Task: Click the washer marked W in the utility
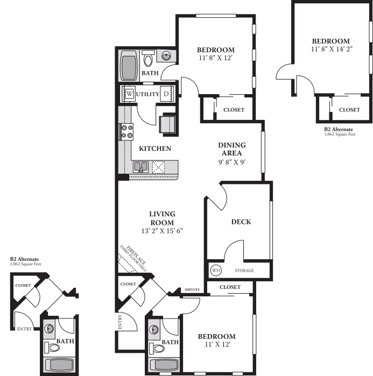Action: point(129,94)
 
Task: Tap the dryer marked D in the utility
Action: point(166,94)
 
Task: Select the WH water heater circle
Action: point(216,271)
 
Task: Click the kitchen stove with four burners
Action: point(126,132)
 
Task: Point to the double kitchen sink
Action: point(141,167)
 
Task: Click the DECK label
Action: point(241,222)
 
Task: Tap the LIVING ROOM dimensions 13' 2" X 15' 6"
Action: point(162,231)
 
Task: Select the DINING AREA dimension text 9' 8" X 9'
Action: point(232,162)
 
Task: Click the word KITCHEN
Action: point(155,148)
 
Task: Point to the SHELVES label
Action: point(192,290)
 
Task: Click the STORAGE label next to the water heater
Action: point(244,271)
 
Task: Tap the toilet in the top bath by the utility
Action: point(148,59)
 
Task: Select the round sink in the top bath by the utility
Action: point(166,56)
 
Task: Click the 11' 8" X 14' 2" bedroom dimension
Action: point(332,49)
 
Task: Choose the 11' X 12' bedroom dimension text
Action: point(217,344)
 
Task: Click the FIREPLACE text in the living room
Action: point(136,255)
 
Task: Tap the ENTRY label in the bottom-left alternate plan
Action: point(24,329)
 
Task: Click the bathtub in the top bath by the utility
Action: point(129,66)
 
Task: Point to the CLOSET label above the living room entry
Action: point(128,284)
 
